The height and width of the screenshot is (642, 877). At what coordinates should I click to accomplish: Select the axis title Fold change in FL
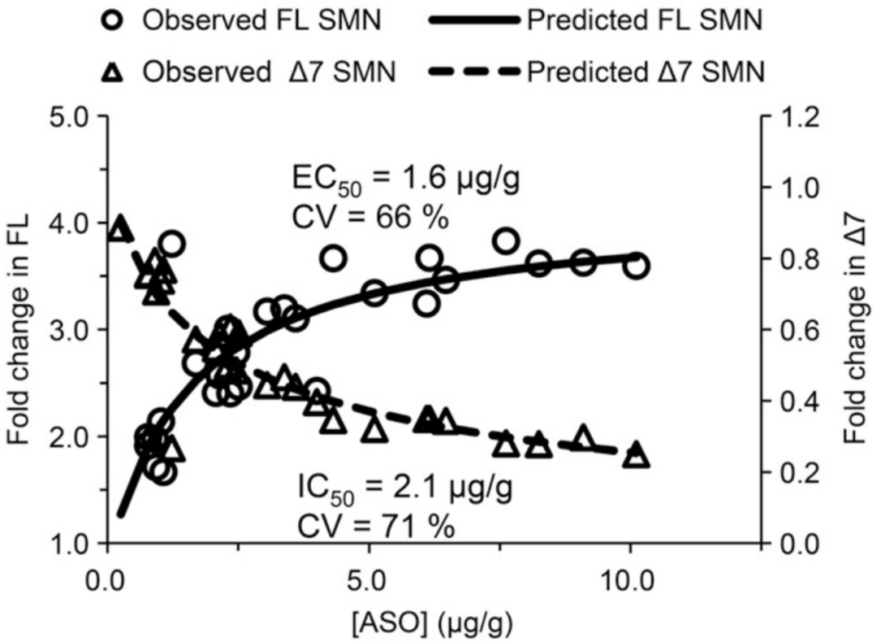21,329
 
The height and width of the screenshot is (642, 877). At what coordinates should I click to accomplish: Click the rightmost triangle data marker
637,456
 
